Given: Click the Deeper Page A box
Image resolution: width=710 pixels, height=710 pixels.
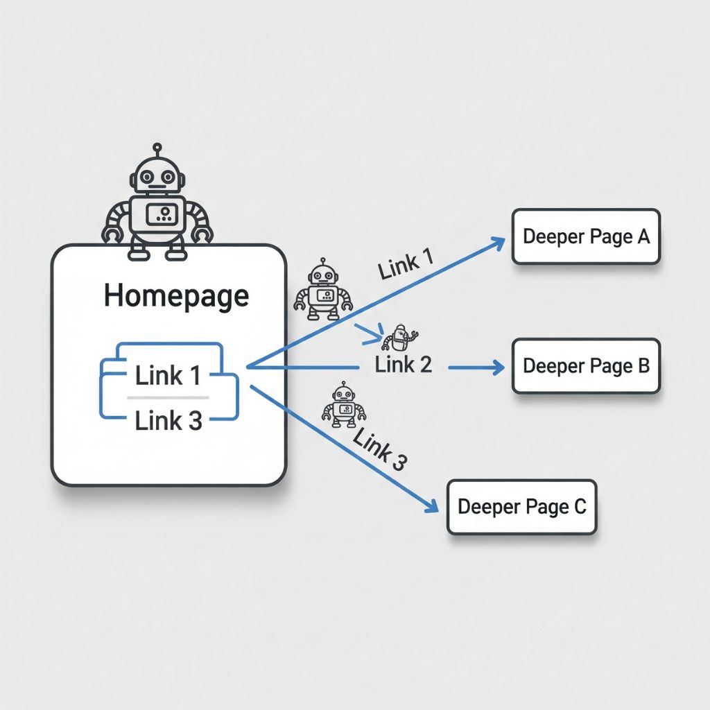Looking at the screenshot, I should point(586,237).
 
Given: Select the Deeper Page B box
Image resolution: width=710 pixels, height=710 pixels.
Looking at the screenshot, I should point(586,366).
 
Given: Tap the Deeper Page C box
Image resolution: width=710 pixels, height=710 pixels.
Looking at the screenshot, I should point(521,507).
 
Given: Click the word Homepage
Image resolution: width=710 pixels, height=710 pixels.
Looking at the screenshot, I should point(176,296).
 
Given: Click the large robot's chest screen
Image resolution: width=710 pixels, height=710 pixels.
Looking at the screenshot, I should point(164,213).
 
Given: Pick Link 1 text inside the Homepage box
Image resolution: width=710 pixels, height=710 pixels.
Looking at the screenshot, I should point(168,376).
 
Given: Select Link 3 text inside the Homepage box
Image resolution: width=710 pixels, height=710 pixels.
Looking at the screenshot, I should point(168,420).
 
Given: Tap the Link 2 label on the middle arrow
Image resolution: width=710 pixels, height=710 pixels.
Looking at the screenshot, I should point(404,365).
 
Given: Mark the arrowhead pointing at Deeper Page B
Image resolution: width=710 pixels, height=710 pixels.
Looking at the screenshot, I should point(498,367).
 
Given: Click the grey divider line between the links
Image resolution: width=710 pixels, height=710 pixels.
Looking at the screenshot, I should point(168,398).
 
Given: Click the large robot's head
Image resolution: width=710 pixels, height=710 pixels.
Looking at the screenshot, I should point(158,175).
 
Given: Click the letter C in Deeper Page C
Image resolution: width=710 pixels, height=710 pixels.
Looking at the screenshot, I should point(580,507).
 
